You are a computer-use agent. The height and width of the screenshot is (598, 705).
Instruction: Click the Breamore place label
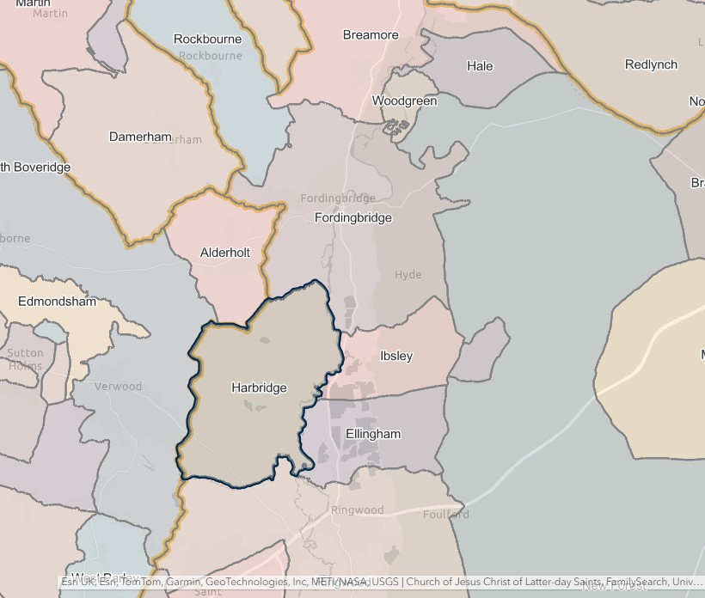(371, 35)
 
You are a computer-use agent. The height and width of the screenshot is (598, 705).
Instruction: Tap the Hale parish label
(480, 66)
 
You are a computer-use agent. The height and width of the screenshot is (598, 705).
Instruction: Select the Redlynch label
(651, 64)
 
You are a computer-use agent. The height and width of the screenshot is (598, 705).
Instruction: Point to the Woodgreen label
(404, 101)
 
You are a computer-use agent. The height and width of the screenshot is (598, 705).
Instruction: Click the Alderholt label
(225, 253)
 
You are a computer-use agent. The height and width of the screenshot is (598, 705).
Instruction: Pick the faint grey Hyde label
(408, 275)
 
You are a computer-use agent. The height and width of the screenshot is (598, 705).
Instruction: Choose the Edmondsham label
(58, 302)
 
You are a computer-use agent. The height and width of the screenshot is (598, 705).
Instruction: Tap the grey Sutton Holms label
(25, 359)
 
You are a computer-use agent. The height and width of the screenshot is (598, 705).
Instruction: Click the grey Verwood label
(118, 387)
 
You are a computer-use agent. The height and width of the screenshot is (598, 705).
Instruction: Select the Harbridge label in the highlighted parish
(259, 387)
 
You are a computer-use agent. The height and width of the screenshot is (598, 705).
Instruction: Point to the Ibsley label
(396, 356)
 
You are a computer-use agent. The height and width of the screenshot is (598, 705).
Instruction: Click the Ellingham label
(373, 434)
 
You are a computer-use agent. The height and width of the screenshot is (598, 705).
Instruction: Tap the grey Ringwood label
(358, 510)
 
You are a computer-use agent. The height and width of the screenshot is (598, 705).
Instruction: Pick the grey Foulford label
(446, 515)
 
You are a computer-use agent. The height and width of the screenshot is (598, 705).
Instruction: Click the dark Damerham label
(140, 137)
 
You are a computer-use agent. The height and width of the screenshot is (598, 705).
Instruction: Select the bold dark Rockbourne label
(208, 39)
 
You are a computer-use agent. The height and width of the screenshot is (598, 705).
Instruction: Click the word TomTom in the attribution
(137, 582)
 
